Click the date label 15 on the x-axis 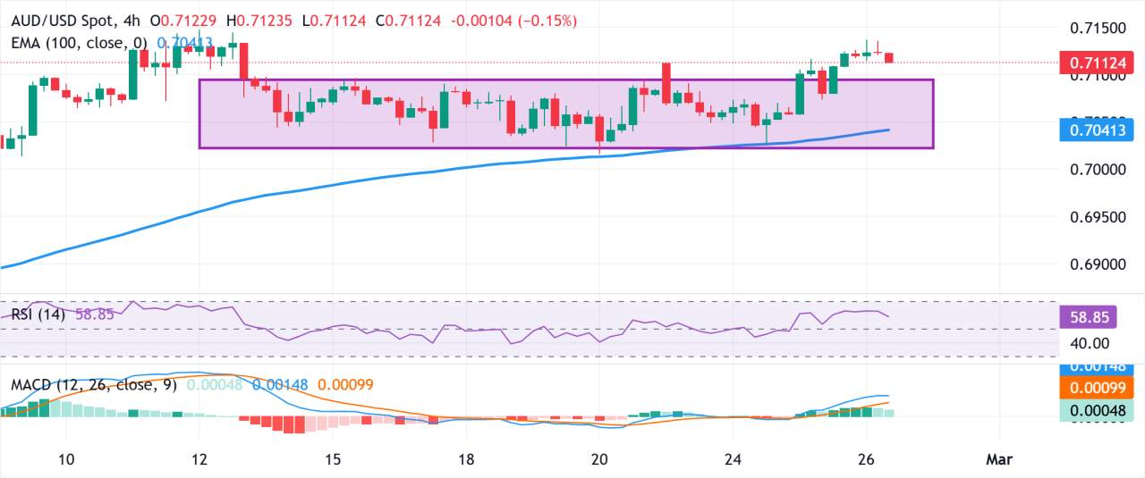point(332,459)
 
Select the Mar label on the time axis point(998,459)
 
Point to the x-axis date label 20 point(599,459)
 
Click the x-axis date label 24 point(733,459)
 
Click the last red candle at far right point(889,58)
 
